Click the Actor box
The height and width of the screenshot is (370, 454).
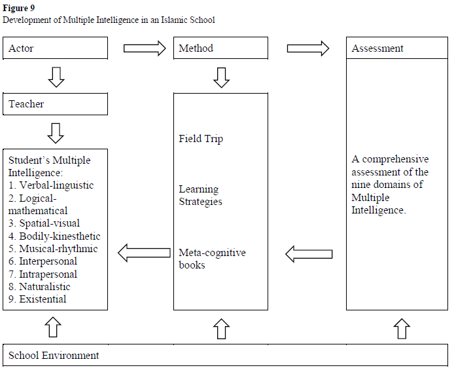click(x=56, y=48)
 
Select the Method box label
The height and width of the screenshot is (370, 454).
click(x=196, y=48)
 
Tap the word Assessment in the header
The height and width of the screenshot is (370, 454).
click(x=377, y=48)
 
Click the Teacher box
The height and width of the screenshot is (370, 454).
click(x=56, y=103)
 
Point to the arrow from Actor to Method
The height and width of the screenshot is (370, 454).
click(x=145, y=48)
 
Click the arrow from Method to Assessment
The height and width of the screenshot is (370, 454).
click(x=308, y=48)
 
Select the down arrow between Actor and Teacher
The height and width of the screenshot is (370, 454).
click(x=56, y=77)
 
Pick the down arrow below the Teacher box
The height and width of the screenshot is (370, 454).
click(x=56, y=132)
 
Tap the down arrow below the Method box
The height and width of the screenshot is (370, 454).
click(x=222, y=77)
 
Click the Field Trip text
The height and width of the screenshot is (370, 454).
click(x=201, y=139)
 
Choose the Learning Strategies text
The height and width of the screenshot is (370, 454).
click(x=200, y=195)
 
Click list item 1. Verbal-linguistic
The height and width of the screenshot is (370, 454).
click(x=51, y=185)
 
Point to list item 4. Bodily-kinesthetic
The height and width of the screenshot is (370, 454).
click(x=54, y=236)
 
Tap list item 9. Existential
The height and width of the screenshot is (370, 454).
click(x=37, y=299)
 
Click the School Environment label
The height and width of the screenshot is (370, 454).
click(x=54, y=356)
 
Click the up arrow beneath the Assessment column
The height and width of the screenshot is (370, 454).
click(x=401, y=328)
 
